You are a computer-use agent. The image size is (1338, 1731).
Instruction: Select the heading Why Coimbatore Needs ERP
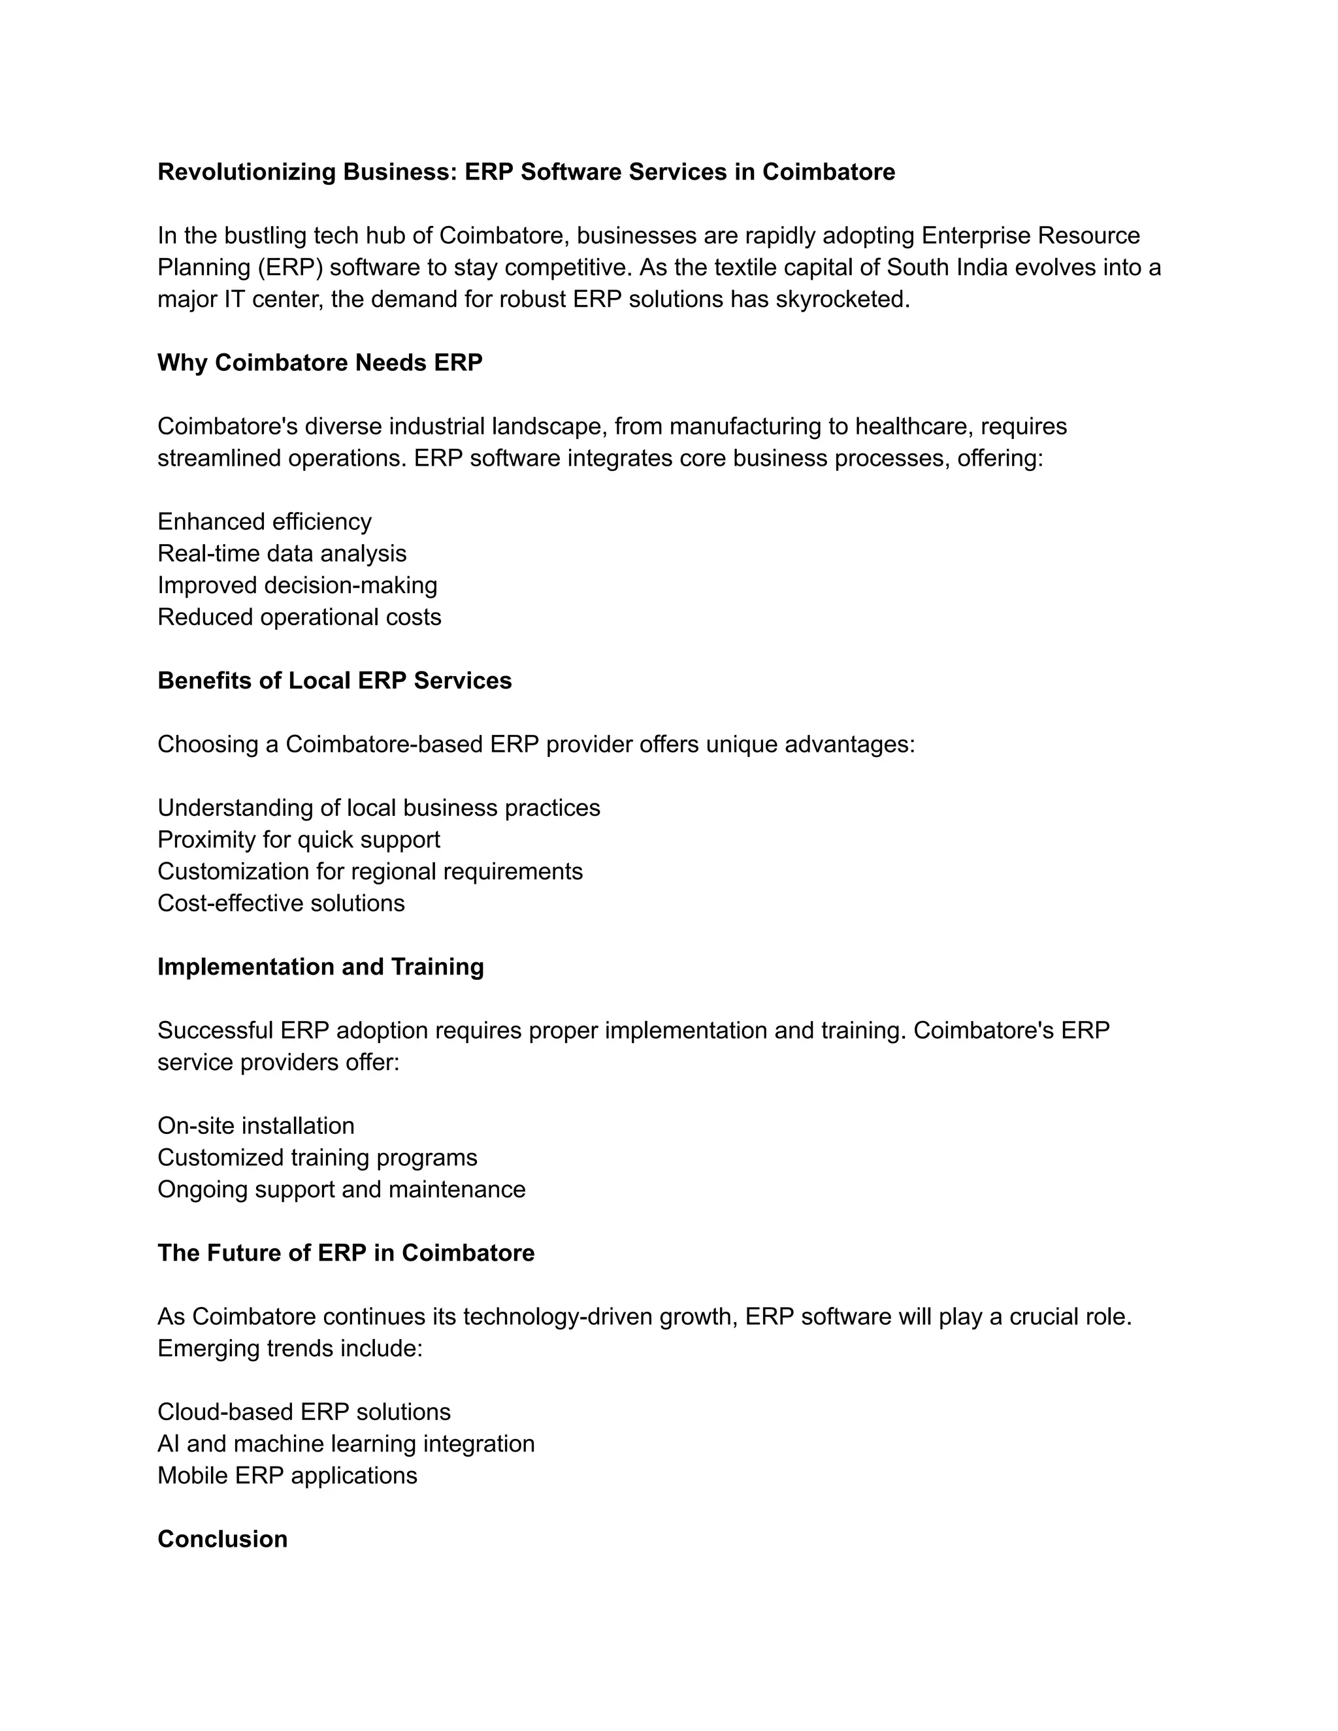(319, 363)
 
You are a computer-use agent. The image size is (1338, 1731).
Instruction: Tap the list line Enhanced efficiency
(264, 521)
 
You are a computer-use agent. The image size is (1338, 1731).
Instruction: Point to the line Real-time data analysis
(282, 553)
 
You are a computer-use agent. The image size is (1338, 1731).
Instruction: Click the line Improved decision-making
(297, 585)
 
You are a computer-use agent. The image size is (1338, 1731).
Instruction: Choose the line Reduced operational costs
(299, 617)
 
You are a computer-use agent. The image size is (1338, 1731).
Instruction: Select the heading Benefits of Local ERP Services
(334, 680)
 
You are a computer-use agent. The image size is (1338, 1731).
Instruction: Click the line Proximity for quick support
(299, 839)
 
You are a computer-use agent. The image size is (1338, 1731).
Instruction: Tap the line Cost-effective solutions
(280, 903)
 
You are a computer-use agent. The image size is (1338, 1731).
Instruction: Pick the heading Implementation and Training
(320, 966)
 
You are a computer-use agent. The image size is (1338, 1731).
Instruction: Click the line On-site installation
(256, 1125)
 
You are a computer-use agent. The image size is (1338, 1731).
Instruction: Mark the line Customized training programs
(317, 1157)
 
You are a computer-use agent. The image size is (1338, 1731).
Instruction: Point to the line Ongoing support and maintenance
(341, 1189)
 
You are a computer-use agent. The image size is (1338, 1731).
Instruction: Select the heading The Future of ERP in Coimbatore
(346, 1252)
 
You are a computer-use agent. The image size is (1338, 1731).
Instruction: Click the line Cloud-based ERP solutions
(304, 1412)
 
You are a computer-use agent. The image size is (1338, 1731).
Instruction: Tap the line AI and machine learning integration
(346, 1444)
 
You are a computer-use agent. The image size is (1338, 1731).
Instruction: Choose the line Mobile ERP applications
(287, 1475)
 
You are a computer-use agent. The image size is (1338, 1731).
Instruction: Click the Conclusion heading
(222, 1538)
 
